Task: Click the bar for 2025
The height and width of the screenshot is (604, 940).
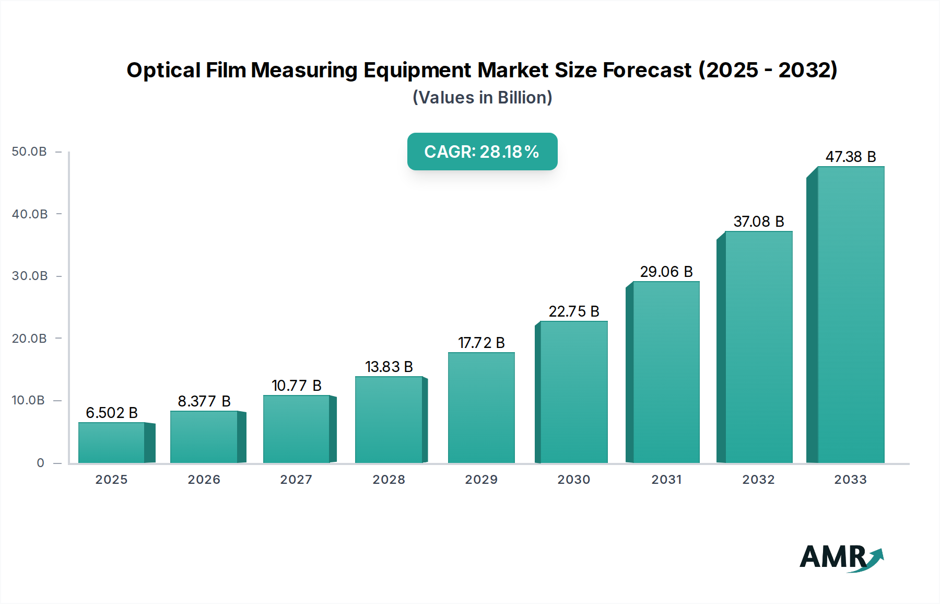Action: click(111, 443)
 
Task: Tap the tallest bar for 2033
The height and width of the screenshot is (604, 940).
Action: click(851, 315)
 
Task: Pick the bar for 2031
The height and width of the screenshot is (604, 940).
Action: click(666, 372)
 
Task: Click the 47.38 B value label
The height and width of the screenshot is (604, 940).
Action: click(850, 157)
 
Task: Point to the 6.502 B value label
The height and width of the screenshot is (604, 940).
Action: click(111, 413)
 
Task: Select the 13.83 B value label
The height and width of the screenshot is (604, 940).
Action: click(389, 367)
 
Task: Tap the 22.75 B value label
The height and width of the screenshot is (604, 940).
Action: click(573, 311)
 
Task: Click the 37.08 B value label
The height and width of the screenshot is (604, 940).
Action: click(758, 222)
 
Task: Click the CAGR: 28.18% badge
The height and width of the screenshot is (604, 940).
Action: click(482, 152)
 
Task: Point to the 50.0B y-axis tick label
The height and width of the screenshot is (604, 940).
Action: click(29, 152)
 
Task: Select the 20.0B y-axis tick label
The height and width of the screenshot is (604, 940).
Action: click(29, 339)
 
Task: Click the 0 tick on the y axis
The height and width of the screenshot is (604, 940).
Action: click(40, 463)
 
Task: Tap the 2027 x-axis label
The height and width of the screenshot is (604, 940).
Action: click(296, 480)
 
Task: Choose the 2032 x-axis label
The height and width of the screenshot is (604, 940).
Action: click(758, 480)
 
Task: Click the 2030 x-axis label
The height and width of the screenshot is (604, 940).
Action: click(573, 480)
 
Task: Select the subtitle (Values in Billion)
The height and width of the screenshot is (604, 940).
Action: click(482, 98)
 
